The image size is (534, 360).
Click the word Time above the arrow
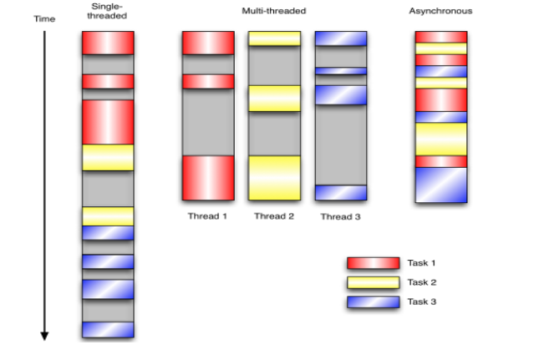43,17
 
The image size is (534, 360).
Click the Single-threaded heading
108,11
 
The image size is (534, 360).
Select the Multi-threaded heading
273,11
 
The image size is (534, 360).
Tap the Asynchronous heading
440,11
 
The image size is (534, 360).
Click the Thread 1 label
208,215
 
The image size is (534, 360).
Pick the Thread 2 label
274,215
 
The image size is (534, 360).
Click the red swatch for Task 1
374,263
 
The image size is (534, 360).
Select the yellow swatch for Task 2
374,281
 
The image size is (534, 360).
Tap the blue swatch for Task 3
374,301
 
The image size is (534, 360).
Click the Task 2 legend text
423,281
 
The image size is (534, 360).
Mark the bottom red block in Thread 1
208,177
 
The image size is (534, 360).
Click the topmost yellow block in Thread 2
274,38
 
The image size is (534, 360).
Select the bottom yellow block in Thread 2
274,177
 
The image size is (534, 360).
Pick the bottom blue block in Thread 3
341,192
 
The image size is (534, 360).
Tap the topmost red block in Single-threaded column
108,43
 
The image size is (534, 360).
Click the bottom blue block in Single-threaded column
108,329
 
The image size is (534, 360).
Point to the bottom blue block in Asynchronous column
440,185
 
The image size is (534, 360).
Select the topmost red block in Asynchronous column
440,37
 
